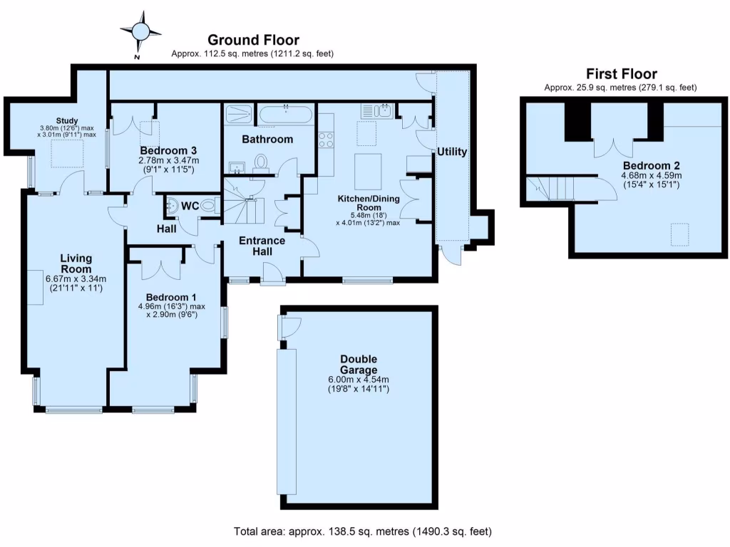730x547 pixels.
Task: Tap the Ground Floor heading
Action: [x=253, y=40]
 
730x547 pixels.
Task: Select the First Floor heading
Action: [x=621, y=74]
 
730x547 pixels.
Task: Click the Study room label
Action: [x=66, y=121]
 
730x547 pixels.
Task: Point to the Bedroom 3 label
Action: [x=168, y=151]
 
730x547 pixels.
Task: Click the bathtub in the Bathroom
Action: [x=284, y=115]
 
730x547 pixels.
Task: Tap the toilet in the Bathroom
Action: [x=261, y=164]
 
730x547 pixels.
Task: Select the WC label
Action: [x=190, y=206]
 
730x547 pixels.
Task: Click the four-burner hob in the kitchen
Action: [x=326, y=140]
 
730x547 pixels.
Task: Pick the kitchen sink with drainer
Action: [x=378, y=110]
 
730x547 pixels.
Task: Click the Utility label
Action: [x=451, y=152]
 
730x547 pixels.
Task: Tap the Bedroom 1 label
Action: [x=171, y=298]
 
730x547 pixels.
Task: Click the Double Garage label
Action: [x=359, y=365]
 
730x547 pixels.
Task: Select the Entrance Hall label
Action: [x=262, y=246]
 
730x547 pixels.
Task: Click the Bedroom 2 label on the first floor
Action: [x=652, y=166]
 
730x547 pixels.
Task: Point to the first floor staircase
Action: [x=550, y=188]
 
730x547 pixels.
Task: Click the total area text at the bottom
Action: [x=362, y=531]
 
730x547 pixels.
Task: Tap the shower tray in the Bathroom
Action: [x=238, y=114]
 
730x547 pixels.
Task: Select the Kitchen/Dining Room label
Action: [x=369, y=203]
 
